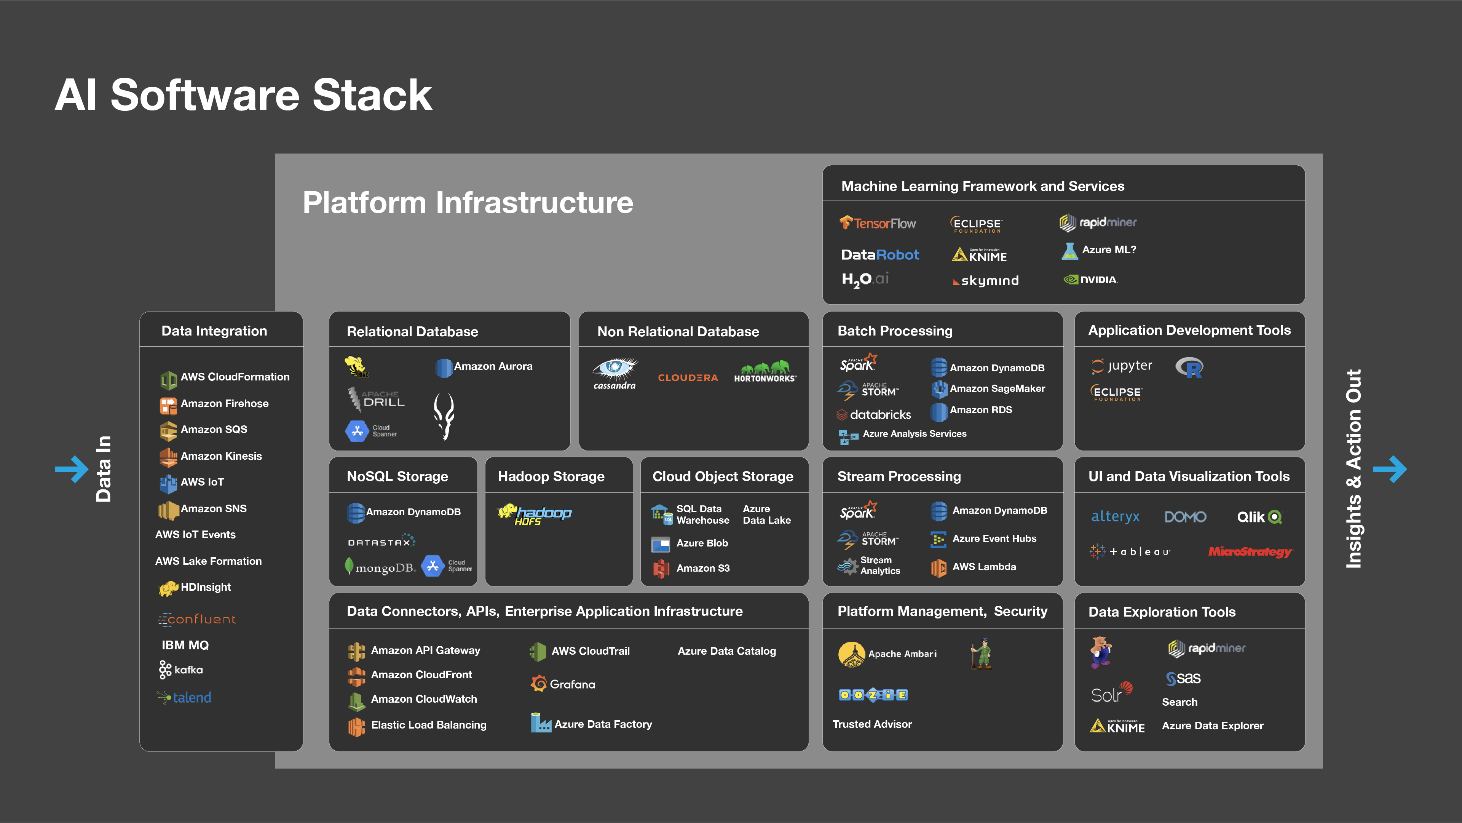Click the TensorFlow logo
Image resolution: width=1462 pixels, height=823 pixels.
pos(878,223)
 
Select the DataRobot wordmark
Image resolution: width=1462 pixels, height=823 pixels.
pos(880,255)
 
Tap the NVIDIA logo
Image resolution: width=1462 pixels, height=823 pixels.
pos(1090,279)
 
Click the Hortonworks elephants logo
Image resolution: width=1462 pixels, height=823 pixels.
pos(765,372)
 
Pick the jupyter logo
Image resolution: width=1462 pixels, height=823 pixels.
pos(1122,366)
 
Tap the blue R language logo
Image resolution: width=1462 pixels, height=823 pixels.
pos(1189,368)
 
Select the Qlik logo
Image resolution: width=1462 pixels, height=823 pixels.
pos(1259,516)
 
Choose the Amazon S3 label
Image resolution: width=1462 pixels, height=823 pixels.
pos(702,568)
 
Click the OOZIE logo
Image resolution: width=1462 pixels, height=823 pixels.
pos(873,695)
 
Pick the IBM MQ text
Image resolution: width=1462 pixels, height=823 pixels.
pos(185,646)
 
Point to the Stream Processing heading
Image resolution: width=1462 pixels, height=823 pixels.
pos(899,476)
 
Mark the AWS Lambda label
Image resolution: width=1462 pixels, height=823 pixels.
pos(983,566)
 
